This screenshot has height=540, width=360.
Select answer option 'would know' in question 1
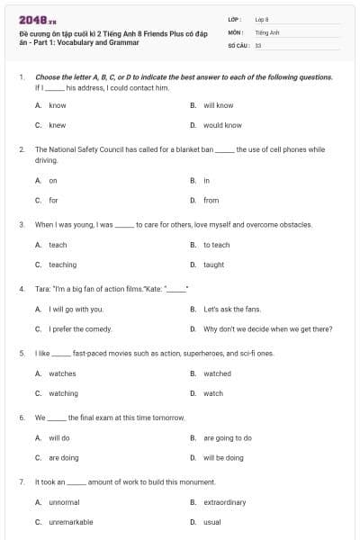tap(222, 125)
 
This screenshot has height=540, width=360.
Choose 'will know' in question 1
tap(218, 105)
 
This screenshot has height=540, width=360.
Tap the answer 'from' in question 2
tap(211, 200)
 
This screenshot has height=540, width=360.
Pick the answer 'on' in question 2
tap(53, 180)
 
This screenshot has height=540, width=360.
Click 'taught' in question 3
tap(213, 265)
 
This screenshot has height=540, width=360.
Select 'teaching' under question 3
tap(62, 265)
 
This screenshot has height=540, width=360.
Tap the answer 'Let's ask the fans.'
tap(230, 310)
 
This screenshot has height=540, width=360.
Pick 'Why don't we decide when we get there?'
tap(267, 329)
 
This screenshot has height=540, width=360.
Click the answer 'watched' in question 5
tap(217, 373)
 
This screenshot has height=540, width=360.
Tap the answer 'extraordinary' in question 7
tap(224, 502)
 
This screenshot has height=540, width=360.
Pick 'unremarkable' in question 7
tap(69, 522)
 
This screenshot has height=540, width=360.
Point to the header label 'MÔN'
tap(236, 31)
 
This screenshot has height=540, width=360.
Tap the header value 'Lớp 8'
tap(261, 19)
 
